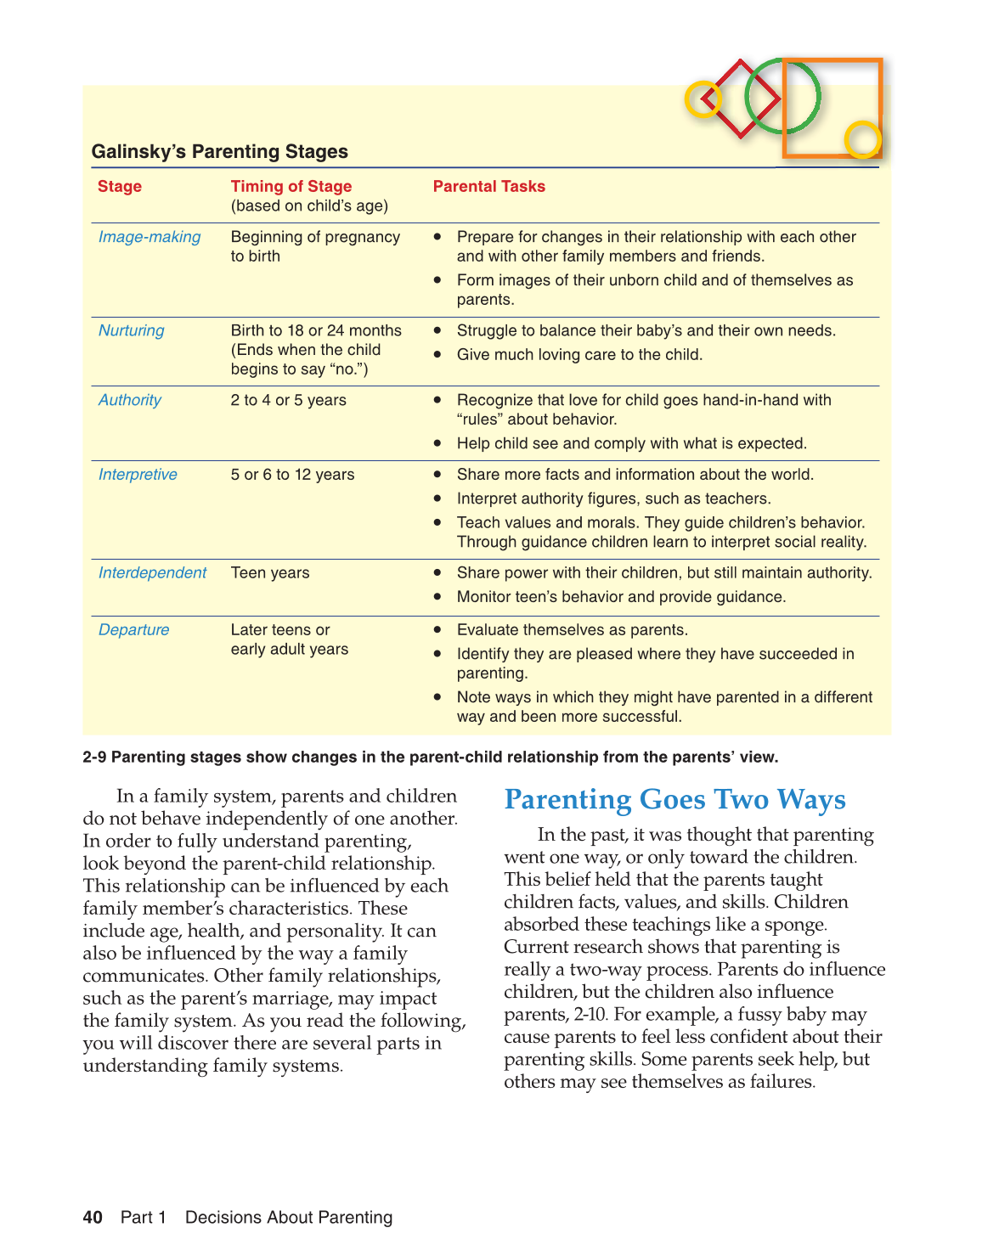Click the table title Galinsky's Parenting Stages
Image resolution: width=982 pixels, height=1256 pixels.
click(x=219, y=152)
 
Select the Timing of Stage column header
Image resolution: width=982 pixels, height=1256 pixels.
click(x=291, y=187)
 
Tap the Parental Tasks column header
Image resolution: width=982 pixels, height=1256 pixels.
click(x=488, y=187)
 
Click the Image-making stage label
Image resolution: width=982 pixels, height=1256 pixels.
click(x=150, y=237)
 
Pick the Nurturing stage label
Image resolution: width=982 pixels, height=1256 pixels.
click(x=131, y=330)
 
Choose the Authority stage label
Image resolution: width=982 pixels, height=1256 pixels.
click(x=129, y=400)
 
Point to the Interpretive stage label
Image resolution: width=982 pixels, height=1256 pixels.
click(x=138, y=475)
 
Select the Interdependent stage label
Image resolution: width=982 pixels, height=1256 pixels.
click(x=152, y=573)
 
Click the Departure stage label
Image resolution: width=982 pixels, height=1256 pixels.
click(x=133, y=630)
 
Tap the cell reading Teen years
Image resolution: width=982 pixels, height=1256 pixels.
click(x=270, y=573)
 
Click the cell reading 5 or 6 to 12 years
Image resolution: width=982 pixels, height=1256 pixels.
click(x=292, y=475)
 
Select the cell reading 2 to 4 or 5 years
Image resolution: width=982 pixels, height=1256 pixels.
click(x=288, y=400)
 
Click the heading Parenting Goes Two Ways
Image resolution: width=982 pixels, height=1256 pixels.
click(x=674, y=800)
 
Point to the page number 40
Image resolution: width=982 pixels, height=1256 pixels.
click(x=93, y=1218)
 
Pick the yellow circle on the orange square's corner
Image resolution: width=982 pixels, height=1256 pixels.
click(x=863, y=140)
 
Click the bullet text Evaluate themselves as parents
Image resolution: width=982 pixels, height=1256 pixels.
click(x=572, y=630)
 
